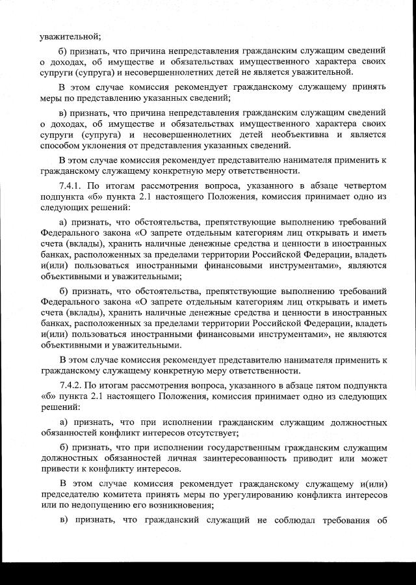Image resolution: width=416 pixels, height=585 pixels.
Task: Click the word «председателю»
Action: pyautogui.click(x=69, y=494)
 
